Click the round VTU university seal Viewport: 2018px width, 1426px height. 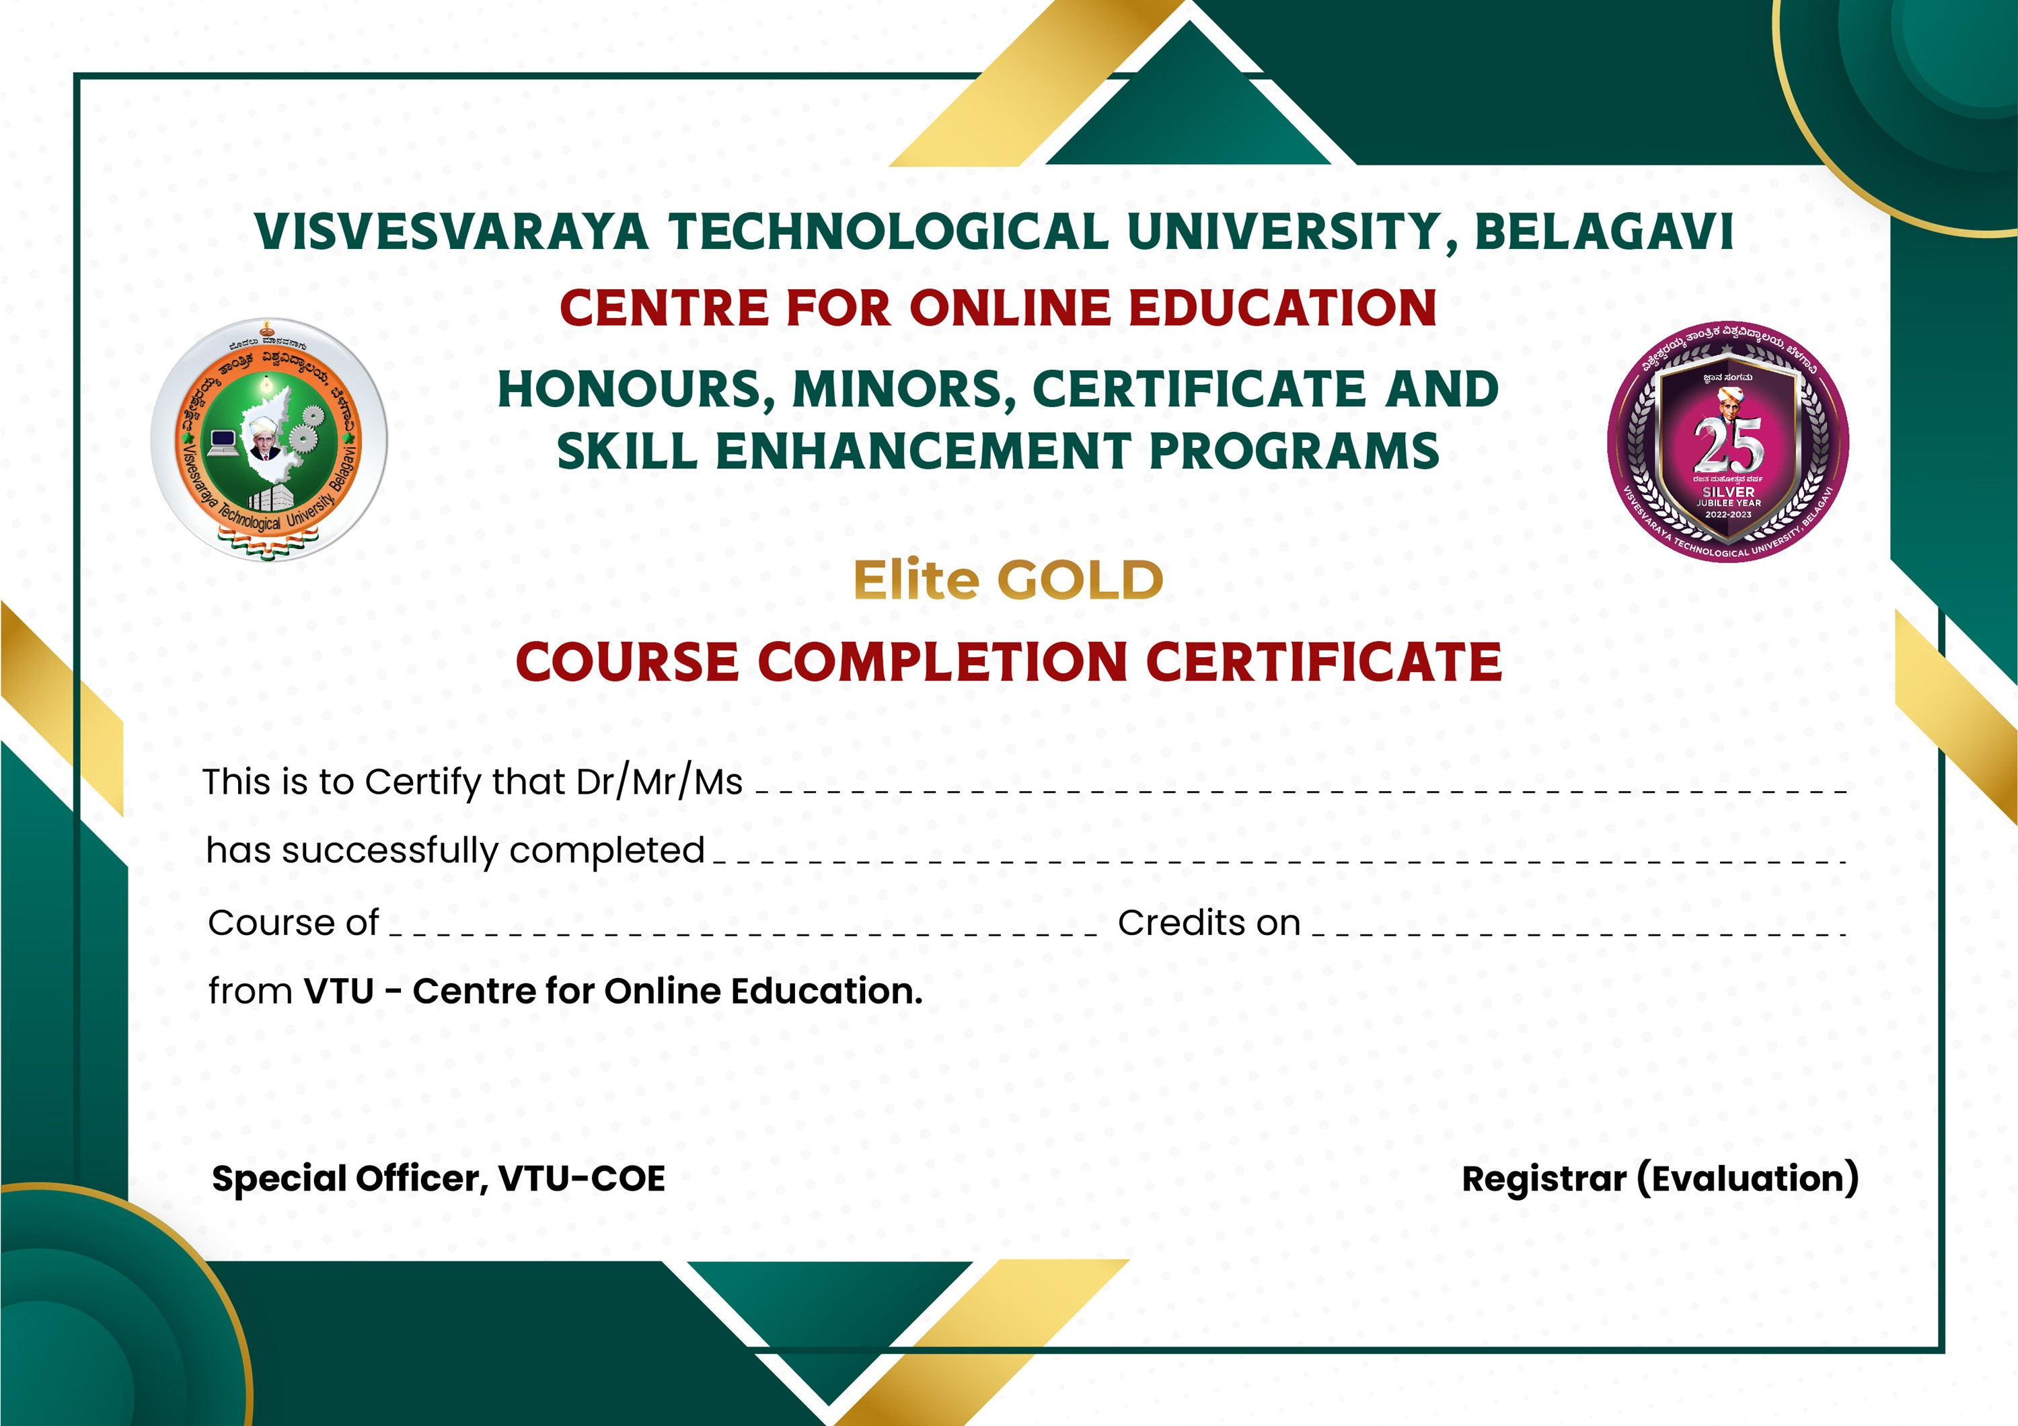(269, 439)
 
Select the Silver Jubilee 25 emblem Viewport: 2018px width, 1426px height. (1728, 442)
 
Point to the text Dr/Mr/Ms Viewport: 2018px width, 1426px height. (659, 782)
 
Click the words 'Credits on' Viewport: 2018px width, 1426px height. (1209, 924)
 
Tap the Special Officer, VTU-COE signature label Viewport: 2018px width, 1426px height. (439, 1179)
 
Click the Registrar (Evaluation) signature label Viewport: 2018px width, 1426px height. (1659, 1179)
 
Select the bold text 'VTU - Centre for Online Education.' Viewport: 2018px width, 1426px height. (613, 991)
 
